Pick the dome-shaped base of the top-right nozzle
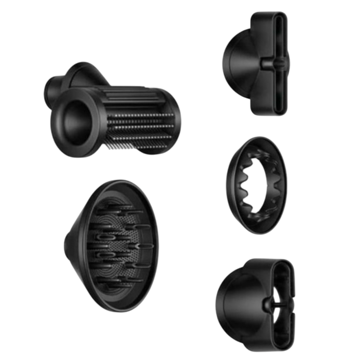[x=239, y=64]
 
